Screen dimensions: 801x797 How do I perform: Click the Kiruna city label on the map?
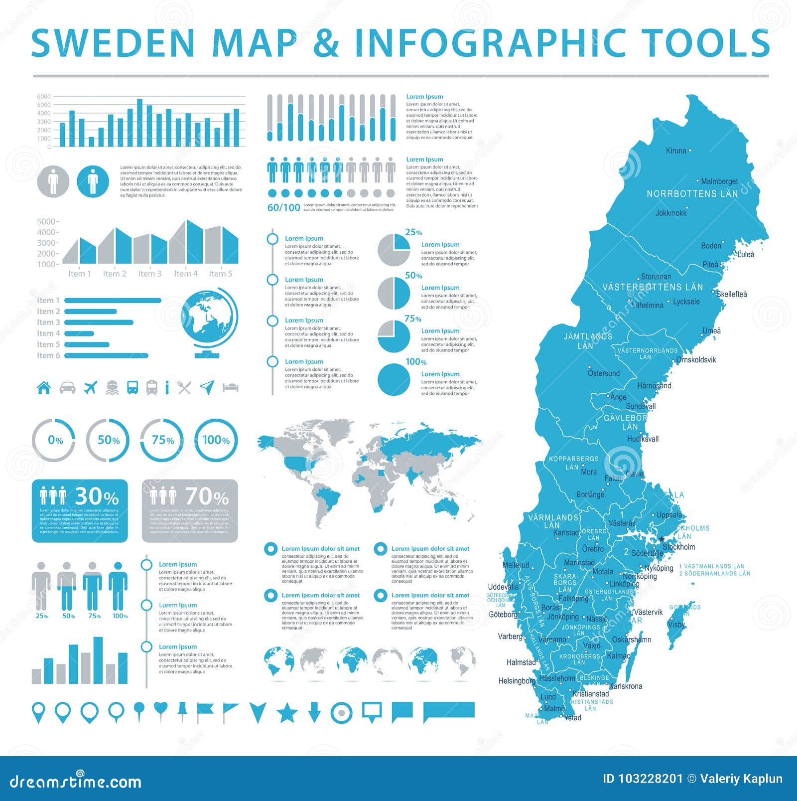point(676,151)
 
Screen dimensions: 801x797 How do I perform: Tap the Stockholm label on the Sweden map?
point(678,547)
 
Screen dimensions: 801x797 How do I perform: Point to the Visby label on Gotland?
point(676,625)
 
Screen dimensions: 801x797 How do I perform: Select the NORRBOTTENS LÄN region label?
point(692,194)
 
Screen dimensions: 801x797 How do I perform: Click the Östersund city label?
point(604,373)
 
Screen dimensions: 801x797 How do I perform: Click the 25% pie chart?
point(394,249)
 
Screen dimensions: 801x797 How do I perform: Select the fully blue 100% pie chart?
point(394,379)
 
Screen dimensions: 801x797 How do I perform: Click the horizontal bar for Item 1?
point(113,301)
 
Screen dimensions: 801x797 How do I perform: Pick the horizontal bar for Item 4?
point(79,333)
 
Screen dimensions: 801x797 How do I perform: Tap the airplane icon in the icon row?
point(90,387)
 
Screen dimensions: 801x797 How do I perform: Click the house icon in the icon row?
point(44,387)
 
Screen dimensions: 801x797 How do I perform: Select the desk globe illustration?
point(209,324)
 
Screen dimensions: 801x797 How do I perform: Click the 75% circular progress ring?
point(162,440)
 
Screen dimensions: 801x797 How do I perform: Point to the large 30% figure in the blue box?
point(97,496)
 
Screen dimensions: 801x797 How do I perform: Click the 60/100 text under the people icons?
point(283,208)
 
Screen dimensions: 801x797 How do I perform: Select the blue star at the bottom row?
point(287,713)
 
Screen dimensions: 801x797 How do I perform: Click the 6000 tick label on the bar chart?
point(44,97)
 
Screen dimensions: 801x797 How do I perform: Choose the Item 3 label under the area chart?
point(149,274)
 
